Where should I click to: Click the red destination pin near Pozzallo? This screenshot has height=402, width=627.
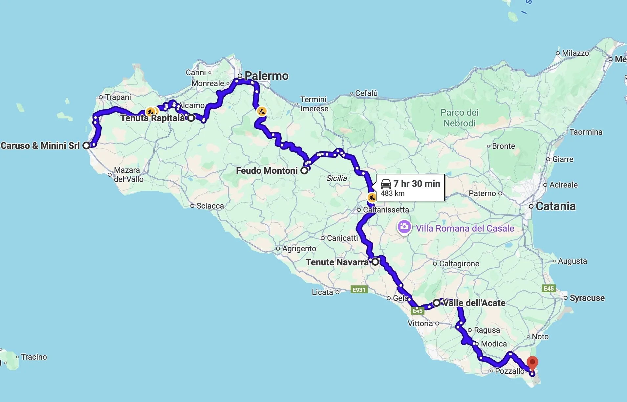[532, 363]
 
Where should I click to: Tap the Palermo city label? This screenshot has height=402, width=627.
[266, 76]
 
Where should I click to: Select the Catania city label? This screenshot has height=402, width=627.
[555, 206]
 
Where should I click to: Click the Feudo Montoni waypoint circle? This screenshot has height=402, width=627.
[304, 170]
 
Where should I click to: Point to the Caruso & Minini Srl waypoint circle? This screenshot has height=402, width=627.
[86, 145]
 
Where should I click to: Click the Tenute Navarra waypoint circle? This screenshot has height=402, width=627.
[375, 262]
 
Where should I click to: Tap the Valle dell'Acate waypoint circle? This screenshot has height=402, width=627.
[437, 303]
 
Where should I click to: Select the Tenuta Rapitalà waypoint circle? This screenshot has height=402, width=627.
[191, 118]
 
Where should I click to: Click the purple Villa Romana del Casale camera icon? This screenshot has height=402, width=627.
[404, 227]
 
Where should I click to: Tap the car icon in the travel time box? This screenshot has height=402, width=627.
[386, 184]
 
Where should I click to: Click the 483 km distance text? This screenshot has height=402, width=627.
[393, 193]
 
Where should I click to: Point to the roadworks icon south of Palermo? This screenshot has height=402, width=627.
[262, 111]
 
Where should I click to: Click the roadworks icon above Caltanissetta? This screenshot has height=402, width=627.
[372, 197]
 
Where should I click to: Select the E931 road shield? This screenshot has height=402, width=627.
[359, 290]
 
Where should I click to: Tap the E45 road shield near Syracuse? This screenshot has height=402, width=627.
[549, 288]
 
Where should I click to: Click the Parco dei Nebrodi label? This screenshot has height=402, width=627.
[460, 118]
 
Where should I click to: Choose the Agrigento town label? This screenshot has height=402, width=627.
[299, 249]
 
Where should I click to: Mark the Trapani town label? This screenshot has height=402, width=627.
[118, 97]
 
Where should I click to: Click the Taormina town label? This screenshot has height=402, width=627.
[586, 132]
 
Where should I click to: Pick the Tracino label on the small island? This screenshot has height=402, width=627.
[34, 357]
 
